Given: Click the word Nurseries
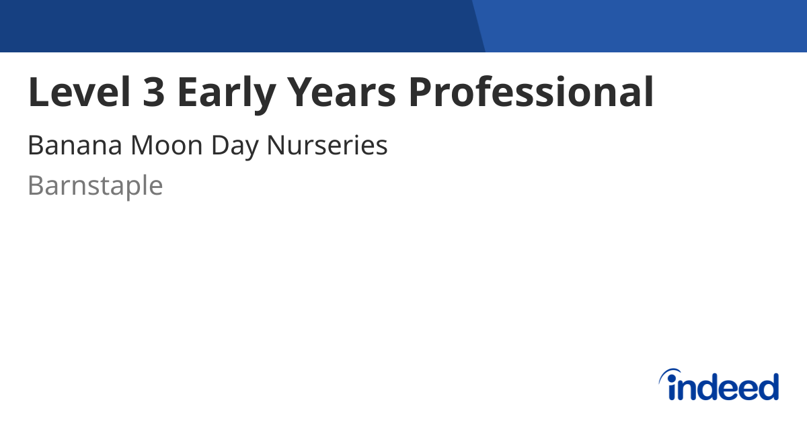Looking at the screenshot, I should (328, 146).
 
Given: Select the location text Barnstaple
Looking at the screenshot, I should (95, 186).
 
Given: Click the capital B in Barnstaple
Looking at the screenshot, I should (35, 186).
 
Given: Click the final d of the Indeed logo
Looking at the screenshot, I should (769, 387).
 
